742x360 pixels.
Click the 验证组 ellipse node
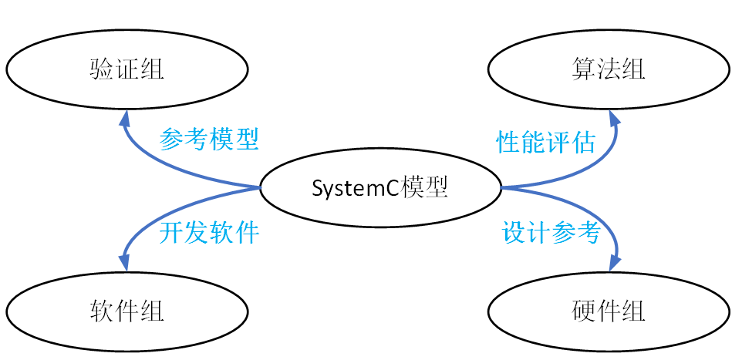127,69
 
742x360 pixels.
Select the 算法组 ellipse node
609,69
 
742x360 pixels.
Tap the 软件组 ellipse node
127,312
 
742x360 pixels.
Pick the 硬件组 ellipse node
609,312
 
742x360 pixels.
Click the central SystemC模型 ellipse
379,187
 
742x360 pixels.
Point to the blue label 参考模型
209,140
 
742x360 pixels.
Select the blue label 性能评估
546,142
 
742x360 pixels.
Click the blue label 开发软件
209,232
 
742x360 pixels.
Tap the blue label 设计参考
551,232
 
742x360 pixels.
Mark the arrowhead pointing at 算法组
614,117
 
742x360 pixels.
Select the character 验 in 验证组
102,69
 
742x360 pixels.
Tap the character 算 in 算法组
584,69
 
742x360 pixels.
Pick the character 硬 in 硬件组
584,312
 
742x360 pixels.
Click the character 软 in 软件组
102,312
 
